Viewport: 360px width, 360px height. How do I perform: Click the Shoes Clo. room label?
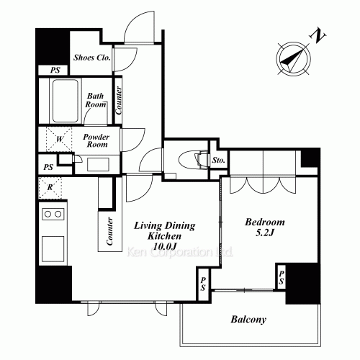pos(91,58)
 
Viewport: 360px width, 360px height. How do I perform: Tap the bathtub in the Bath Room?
pos(66,101)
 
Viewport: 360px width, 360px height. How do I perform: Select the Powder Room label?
pos(96,140)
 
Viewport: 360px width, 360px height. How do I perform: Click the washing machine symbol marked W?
pos(59,139)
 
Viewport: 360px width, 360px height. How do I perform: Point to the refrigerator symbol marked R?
pos(50,188)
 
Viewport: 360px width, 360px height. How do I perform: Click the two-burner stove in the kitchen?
pos(53,214)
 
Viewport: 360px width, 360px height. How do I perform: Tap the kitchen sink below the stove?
pos(53,249)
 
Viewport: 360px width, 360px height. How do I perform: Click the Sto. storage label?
pos(218,160)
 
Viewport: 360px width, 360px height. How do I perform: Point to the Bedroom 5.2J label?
pos(265,227)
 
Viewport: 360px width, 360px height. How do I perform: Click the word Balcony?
pos(248,320)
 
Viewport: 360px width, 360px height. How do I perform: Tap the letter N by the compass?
pos(318,36)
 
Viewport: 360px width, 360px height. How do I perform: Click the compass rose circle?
pos(293,58)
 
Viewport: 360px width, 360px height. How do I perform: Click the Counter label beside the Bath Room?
pos(118,101)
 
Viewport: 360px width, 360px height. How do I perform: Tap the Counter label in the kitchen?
pos(109,231)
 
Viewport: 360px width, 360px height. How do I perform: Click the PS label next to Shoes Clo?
pos(55,71)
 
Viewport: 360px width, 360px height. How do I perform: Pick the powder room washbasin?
pos(98,165)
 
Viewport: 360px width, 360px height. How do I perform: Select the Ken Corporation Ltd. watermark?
pos(179,253)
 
